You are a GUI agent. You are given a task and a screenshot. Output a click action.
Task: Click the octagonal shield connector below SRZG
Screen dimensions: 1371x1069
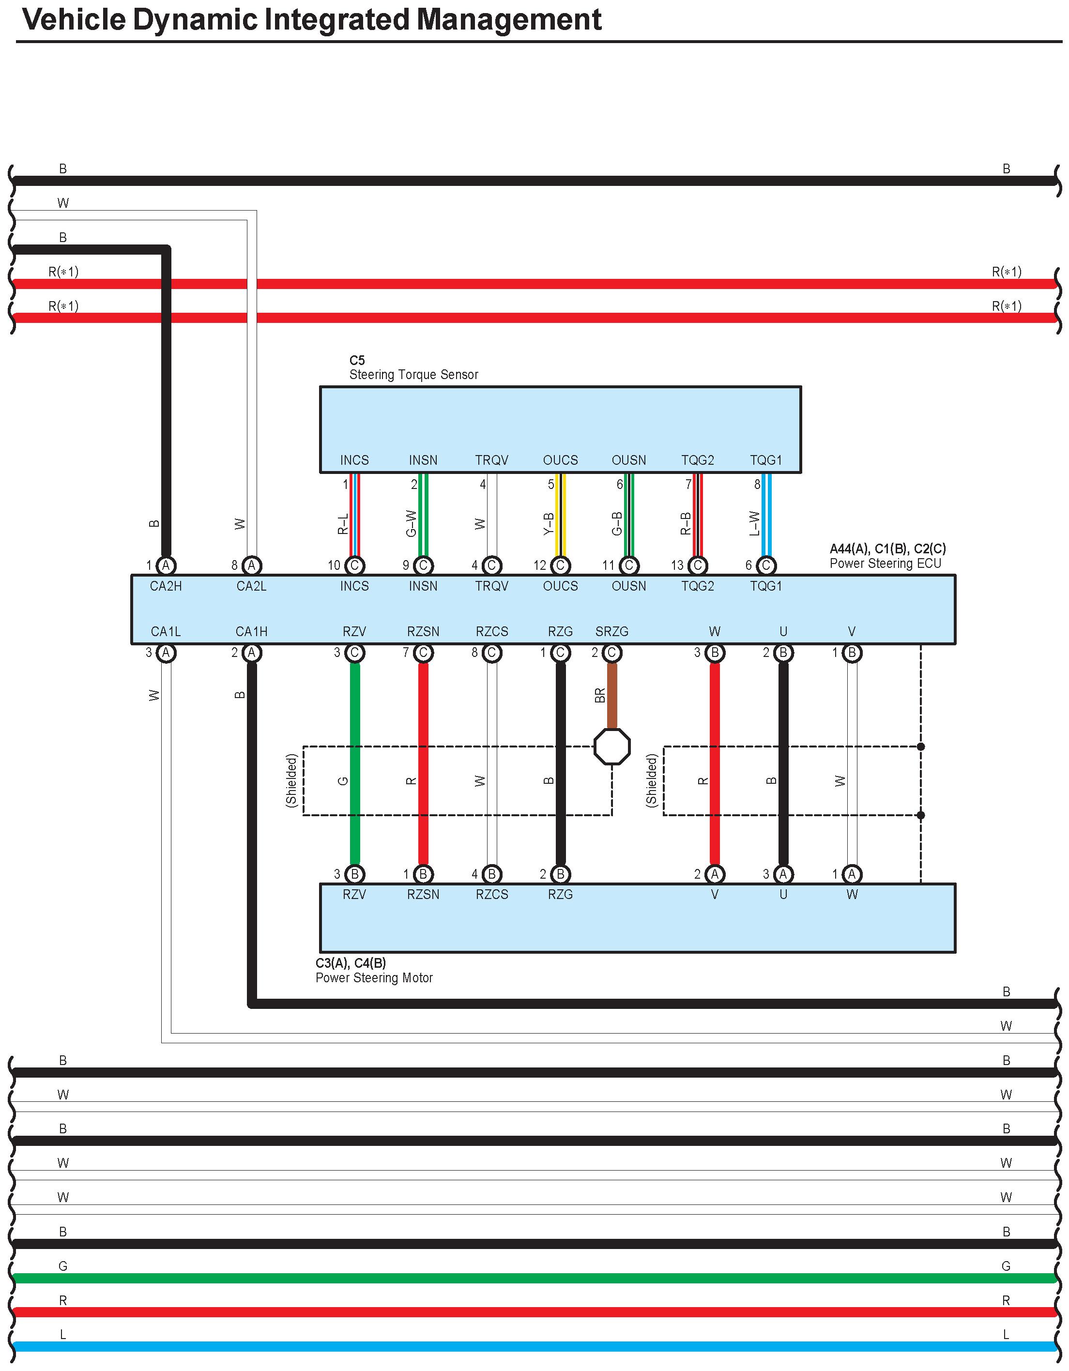(611, 746)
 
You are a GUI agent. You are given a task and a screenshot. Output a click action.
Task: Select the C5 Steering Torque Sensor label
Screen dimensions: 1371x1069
(413, 368)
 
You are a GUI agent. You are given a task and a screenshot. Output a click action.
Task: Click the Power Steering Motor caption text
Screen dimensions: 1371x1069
(374, 977)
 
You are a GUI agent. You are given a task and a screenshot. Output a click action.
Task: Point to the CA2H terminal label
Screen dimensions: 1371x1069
(166, 586)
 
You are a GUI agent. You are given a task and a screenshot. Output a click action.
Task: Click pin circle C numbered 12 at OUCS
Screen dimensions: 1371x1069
(560, 565)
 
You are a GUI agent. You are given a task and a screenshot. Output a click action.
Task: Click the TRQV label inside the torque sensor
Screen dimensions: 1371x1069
(491, 460)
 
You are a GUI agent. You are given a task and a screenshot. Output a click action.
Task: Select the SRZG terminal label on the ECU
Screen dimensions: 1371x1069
(611, 631)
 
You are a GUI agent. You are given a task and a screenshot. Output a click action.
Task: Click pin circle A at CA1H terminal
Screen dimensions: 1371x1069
(252, 653)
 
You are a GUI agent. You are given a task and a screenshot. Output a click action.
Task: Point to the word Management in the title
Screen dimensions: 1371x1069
(509, 19)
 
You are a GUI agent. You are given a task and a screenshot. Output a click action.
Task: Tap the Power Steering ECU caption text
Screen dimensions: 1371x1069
(885, 563)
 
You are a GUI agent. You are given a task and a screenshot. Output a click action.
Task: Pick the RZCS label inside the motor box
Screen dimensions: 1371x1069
(491, 895)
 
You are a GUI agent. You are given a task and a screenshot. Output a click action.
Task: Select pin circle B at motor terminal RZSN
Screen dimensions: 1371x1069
(423, 874)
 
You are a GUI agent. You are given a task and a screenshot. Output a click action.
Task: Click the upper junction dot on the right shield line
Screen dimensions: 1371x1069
(920, 746)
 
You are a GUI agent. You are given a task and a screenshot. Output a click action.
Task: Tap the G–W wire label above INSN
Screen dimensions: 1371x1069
(411, 523)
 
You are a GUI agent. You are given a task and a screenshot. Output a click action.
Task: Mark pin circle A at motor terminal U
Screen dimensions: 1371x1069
(783, 874)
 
